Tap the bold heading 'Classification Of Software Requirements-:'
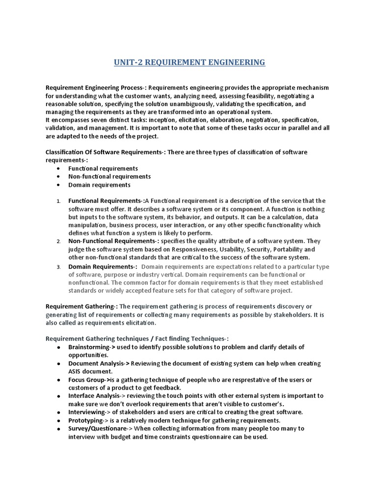point(106,152)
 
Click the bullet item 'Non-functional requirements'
point(109,176)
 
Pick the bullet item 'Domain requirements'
point(99,185)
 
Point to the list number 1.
point(58,201)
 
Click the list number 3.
point(58,267)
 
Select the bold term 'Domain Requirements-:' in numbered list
point(103,266)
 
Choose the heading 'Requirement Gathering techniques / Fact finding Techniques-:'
point(137,338)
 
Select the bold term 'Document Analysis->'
point(99,363)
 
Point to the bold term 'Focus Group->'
point(89,380)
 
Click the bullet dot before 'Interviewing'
point(58,412)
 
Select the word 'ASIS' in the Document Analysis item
point(76,371)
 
